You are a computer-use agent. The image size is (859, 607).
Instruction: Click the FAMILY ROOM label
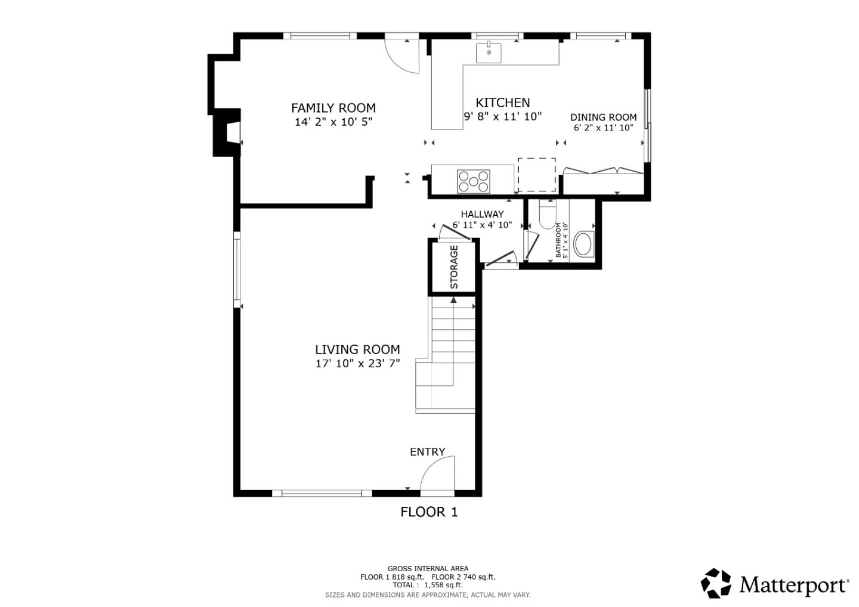point(333,108)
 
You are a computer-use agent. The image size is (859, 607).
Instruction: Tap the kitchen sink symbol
point(489,52)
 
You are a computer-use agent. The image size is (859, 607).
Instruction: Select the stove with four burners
point(474,181)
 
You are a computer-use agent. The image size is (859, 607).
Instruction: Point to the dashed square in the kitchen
point(536,175)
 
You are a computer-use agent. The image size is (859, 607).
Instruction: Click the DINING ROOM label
point(603,117)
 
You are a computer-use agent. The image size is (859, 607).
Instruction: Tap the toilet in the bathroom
point(547,216)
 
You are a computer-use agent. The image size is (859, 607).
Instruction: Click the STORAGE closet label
point(454,267)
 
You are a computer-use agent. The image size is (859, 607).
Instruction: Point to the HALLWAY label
point(482,214)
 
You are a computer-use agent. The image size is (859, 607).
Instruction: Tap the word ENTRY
point(427,452)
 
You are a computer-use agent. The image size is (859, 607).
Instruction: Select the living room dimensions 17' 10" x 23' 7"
point(357,363)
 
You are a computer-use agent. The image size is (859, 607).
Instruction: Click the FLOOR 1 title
point(429,512)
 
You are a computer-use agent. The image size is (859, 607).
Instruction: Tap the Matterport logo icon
point(716,583)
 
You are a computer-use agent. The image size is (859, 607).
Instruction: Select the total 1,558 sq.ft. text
point(428,585)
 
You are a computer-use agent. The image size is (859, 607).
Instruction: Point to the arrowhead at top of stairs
point(453,300)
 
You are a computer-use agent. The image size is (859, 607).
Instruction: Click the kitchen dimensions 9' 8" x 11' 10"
point(502,116)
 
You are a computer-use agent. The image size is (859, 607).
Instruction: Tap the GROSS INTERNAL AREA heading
point(428,568)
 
